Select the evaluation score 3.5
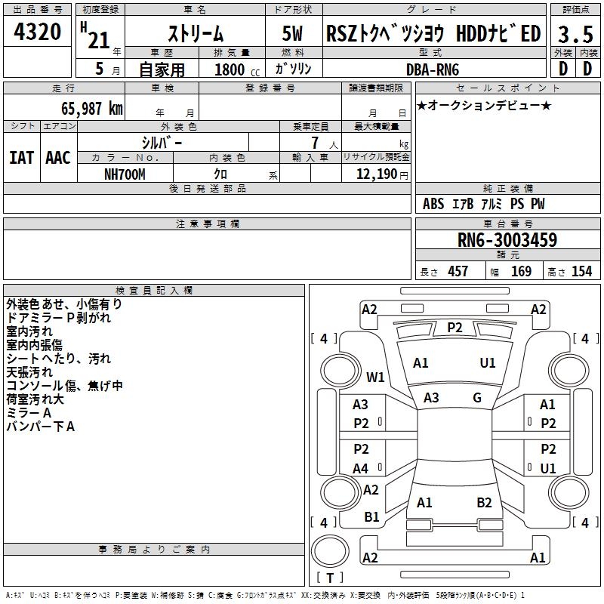click(574, 35)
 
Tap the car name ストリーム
click(195, 34)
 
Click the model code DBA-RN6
click(433, 69)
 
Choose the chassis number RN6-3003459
click(507, 240)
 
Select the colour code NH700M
click(125, 174)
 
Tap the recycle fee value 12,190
click(375, 174)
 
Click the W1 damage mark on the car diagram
click(376, 377)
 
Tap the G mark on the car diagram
click(477, 398)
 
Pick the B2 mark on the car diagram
click(484, 503)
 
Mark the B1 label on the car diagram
click(371, 517)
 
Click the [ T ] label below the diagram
click(329, 578)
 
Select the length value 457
click(458, 272)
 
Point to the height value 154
click(581, 272)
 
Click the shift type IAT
click(22, 158)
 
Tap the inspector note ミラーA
click(29, 413)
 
